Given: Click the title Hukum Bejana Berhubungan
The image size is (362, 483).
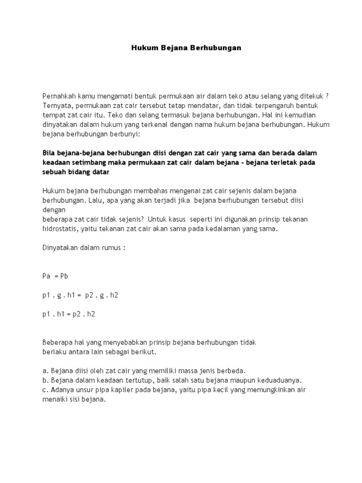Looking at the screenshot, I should point(186,48).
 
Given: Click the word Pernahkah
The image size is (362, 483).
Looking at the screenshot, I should point(58,96).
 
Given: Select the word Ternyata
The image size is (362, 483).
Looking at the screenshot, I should point(57,105).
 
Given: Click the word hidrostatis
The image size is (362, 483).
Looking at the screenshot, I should point(59,229).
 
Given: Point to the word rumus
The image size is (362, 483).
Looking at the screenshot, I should point(111,248).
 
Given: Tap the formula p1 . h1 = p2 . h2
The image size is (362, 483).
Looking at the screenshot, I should point(69,314).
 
